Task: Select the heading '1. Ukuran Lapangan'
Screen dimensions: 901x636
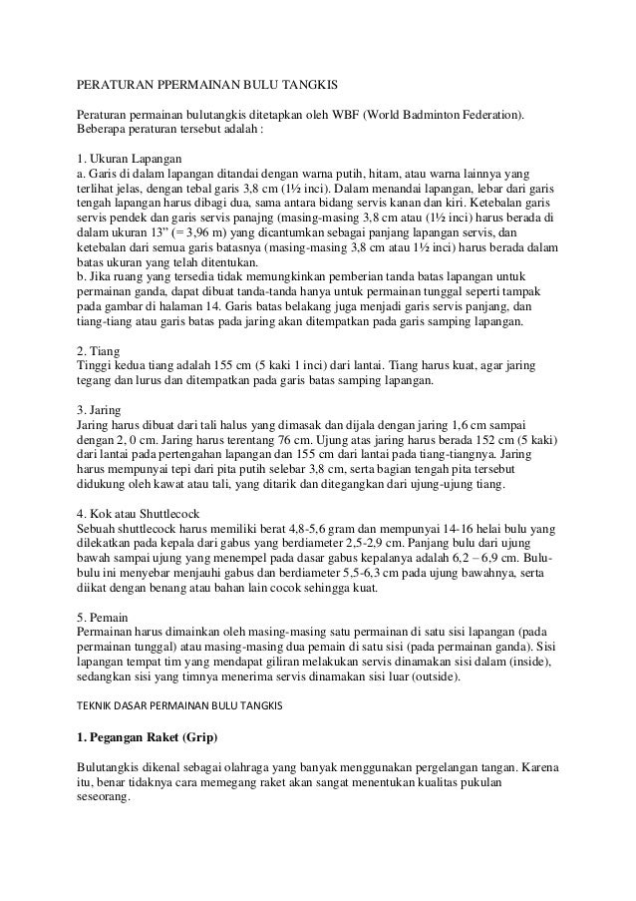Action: pos(130,159)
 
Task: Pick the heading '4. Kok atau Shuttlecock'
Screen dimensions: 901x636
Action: pos(145,516)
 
